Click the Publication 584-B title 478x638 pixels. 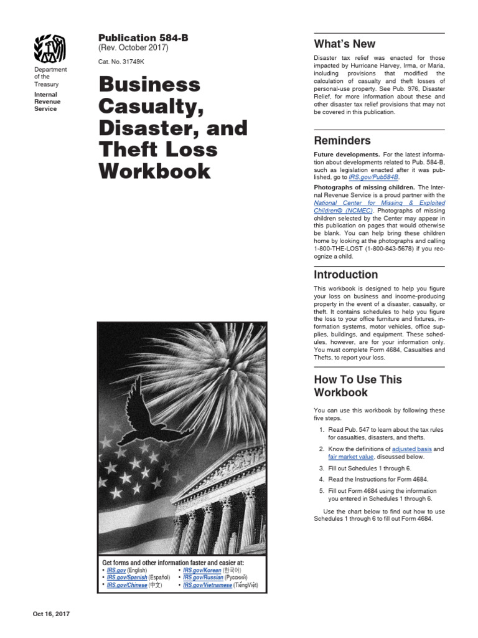(143, 38)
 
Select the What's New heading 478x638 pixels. (345, 44)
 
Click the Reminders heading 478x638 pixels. (342, 141)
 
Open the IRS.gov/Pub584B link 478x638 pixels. (372, 178)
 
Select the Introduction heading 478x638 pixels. (345, 275)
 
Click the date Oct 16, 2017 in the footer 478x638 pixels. (51, 614)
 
